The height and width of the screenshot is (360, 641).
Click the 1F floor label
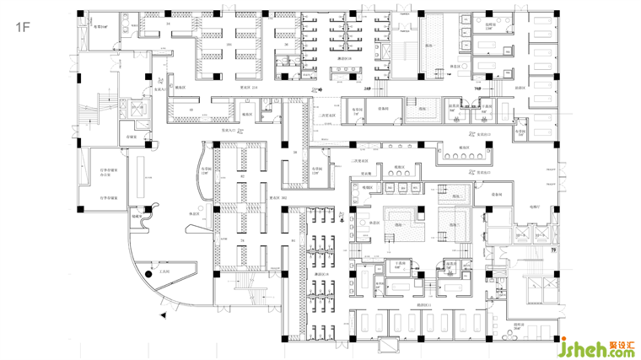click(x=23, y=27)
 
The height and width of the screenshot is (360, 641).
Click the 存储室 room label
click(x=132, y=136)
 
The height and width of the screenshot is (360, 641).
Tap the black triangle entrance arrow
click(x=163, y=314)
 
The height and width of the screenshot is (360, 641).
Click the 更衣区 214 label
click(x=249, y=87)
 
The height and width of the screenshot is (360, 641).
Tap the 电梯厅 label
click(x=535, y=206)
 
